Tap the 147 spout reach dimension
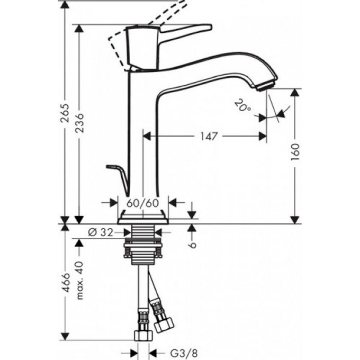tap(209, 137)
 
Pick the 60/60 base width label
tap(142, 202)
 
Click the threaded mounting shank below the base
tap(142, 233)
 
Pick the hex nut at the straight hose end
tap(142, 335)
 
